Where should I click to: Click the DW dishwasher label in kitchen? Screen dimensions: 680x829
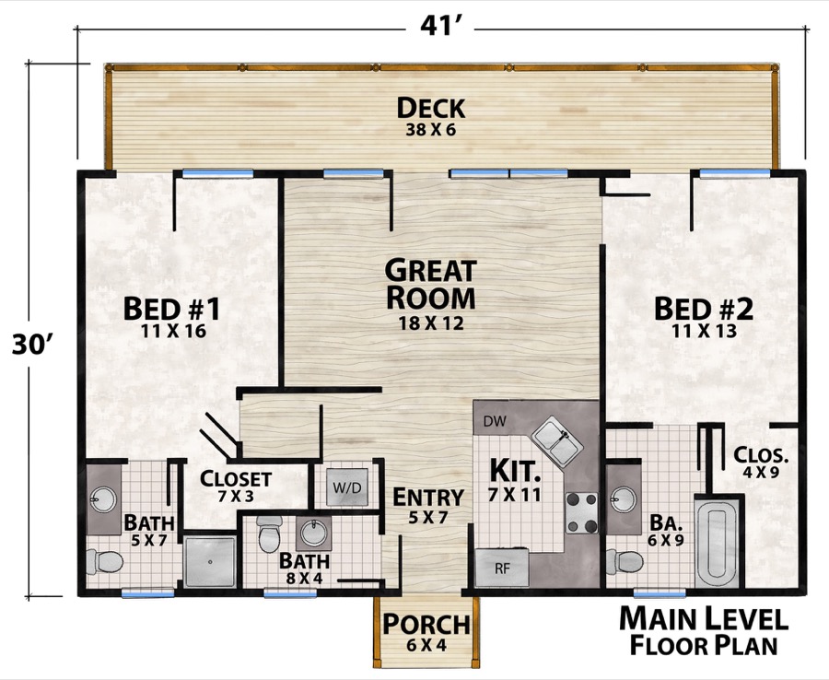(x=494, y=421)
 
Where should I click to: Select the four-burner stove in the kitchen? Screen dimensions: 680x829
(x=581, y=514)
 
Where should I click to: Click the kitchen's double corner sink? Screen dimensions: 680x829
(x=559, y=438)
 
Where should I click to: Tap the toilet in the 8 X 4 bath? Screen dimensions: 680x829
(x=270, y=534)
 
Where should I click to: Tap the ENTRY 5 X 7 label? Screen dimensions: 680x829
(x=421, y=505)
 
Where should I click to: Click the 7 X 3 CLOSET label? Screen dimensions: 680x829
(x=236, y=487)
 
